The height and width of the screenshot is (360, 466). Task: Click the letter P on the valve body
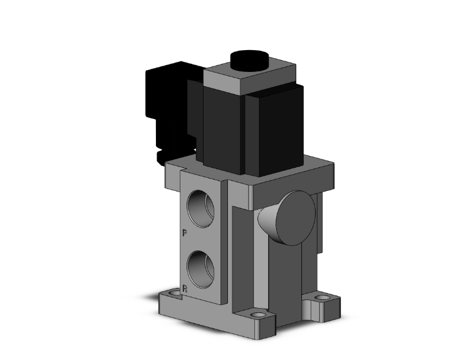point(185,234)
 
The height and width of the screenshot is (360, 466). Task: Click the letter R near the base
point(184,289)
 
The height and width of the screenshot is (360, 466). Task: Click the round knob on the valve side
point(295,218)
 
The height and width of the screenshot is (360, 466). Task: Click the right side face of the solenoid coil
point(276,128)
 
